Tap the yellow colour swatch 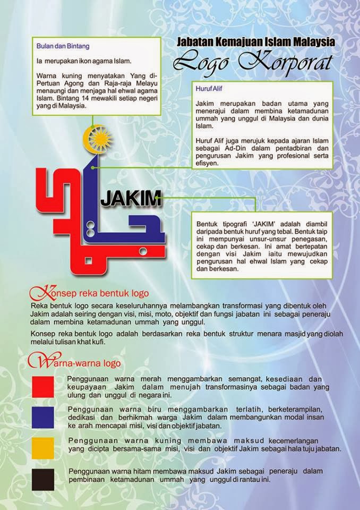[43, 448]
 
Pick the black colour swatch [43, 479]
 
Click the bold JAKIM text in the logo [131, 199]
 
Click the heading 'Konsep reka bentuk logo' [90, 293]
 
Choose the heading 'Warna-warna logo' [77, 363]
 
